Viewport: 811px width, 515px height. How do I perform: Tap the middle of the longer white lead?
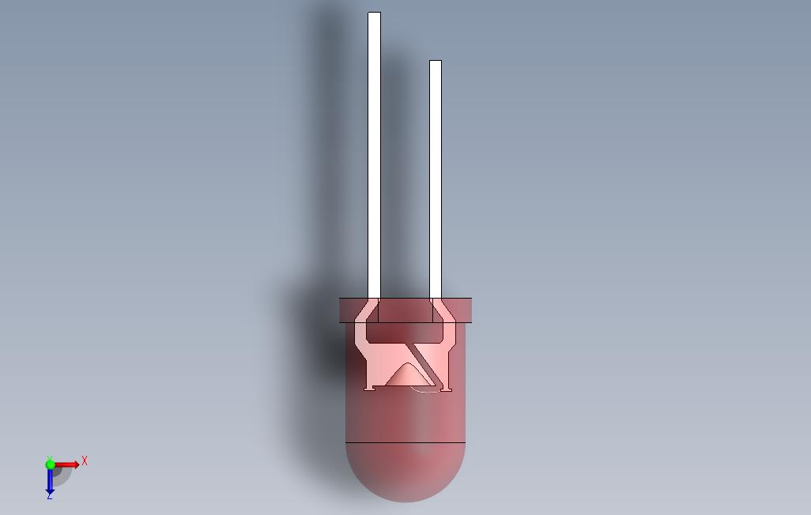(374, 156)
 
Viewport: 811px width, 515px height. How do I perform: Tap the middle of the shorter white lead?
(436, 179)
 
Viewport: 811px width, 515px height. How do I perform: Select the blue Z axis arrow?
(50, 480)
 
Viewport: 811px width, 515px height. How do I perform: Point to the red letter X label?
(85, 460)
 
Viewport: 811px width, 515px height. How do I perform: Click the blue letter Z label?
(49, 495)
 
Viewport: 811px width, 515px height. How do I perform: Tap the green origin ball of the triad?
(51, 465)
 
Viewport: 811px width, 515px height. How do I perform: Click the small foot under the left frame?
(369, 387)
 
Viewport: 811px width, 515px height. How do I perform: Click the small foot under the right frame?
(446, 388)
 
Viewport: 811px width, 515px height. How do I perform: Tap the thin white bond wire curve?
(424, 390)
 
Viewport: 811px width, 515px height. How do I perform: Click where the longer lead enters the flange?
(374, 299)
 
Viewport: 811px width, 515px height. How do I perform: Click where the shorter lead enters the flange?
(436, 299)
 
